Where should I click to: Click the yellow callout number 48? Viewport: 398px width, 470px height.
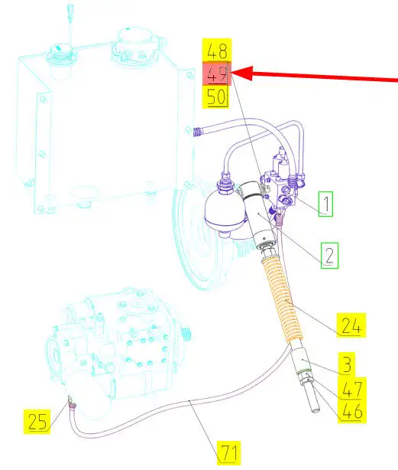pos(217,51)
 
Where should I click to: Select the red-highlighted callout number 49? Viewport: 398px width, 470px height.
pos(217,73)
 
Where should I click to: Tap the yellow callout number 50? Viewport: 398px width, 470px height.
pos(216,96)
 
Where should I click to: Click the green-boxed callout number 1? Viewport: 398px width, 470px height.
pos(325,204)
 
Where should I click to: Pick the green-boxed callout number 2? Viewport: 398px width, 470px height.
pos(329,256)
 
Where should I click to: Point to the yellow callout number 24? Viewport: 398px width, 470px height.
pos(351,325)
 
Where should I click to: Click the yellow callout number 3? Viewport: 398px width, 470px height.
pos(347,364)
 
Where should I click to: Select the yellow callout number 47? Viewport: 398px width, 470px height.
pos(352,388)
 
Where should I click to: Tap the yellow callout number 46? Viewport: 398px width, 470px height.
pos(352,411)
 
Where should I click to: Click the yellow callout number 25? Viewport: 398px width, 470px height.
pos(37,422)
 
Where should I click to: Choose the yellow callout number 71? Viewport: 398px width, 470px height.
pos(229,452)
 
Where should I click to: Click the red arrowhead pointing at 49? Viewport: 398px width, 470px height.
pos(242,73)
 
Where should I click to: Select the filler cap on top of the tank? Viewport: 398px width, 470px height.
pos(60,51)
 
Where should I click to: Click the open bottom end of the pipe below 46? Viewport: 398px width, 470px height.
pos(315,410)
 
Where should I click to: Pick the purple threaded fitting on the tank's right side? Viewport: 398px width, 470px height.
pos(197,132)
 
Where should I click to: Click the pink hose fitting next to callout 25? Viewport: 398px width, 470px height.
pos(72,406)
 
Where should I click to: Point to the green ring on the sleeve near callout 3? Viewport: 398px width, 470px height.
pos(304,373)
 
